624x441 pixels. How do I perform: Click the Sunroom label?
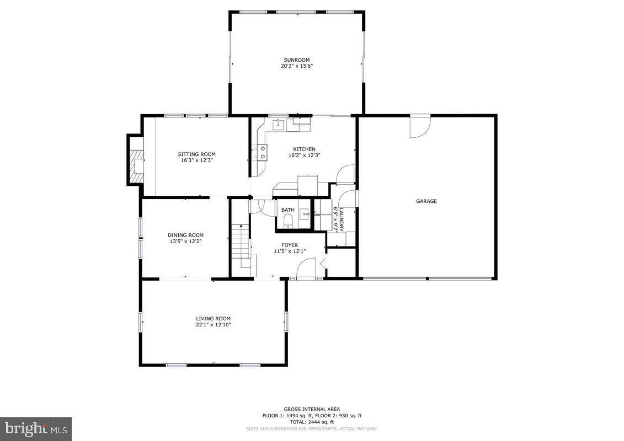point(296,60)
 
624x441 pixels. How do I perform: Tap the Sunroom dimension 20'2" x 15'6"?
point(296,66)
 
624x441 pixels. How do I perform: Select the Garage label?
point(426,201)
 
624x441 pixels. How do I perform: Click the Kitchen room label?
point(304,149)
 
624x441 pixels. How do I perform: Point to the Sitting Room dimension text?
point(196,160)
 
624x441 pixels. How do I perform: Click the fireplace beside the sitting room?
point(136,160)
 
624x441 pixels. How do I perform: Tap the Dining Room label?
point(185,235)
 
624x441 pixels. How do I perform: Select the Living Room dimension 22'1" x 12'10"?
point(213,325)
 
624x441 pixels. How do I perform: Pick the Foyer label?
point(289,245)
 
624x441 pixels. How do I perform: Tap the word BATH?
point(287,210)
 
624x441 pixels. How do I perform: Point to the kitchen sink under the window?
point(280,125)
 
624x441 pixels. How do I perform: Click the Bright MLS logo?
point(36,428)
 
